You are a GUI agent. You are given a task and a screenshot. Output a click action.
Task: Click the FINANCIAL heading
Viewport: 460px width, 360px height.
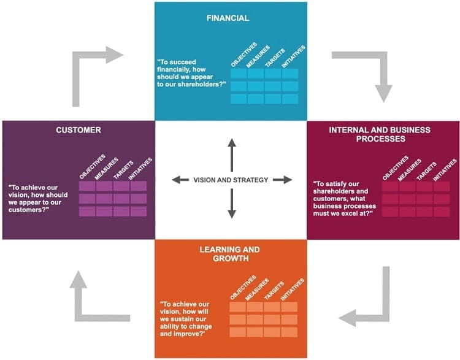click(x=228, y=18)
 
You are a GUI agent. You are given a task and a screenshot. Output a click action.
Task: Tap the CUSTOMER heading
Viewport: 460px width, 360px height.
click(x=79, y=130)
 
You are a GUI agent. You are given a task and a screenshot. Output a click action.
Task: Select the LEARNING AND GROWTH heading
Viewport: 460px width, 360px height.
click(x=230, y=254)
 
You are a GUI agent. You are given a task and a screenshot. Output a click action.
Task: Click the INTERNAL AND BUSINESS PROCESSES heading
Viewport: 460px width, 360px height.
click(x=380, y=134)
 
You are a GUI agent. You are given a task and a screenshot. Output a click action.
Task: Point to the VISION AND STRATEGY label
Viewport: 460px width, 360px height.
click(x=231, y=180)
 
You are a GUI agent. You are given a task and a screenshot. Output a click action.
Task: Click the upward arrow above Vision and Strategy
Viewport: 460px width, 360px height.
click(x=232, y=155)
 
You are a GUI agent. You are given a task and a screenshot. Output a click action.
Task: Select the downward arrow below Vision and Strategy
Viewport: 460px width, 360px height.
click(x=232, y=204)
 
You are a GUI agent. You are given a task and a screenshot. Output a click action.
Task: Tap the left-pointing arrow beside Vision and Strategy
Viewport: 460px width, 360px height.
click(x=180, y=180)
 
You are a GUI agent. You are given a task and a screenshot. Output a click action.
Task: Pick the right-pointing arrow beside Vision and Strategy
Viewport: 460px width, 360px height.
click(x=283, y=180)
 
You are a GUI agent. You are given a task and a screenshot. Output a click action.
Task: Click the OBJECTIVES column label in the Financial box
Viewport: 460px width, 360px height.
click(x=243, y=55)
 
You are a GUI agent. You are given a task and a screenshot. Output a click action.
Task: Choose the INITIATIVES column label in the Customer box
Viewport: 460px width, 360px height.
click(x=140, y=169)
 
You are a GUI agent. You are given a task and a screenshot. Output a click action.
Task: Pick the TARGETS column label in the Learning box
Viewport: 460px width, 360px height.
click(x=274, y=291)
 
